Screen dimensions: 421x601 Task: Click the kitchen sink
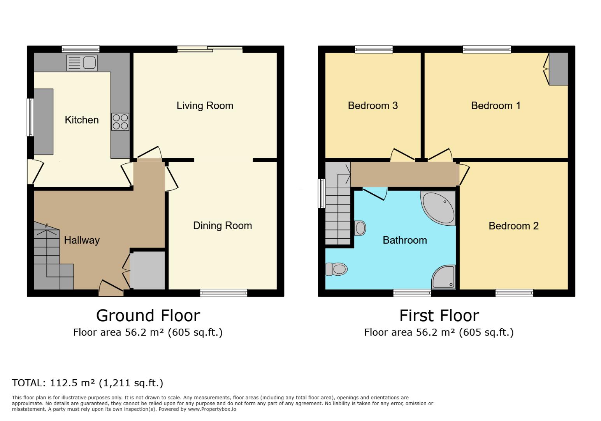point(82,63)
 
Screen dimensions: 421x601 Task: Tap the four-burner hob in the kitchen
point(120,121)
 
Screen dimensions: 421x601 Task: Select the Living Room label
point(205,106)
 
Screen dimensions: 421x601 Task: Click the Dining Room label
point(222,226)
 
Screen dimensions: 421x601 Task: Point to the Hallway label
point(82,240)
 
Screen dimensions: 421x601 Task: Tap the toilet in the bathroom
point(336,269)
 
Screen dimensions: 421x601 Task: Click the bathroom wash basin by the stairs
point(360,228)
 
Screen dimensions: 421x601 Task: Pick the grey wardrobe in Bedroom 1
point(558,69)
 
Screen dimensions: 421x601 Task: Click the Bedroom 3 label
point(373,106)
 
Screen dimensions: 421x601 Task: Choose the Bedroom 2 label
point(513,226)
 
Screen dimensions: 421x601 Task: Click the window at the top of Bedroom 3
point(374,49)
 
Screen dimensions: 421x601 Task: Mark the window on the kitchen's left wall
point(30,117)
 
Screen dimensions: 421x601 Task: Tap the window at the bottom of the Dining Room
point(223,293)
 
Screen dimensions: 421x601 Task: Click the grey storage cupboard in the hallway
point(147,270)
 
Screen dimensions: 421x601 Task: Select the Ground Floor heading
point(148,315)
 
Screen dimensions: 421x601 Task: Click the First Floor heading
point(439,315)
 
